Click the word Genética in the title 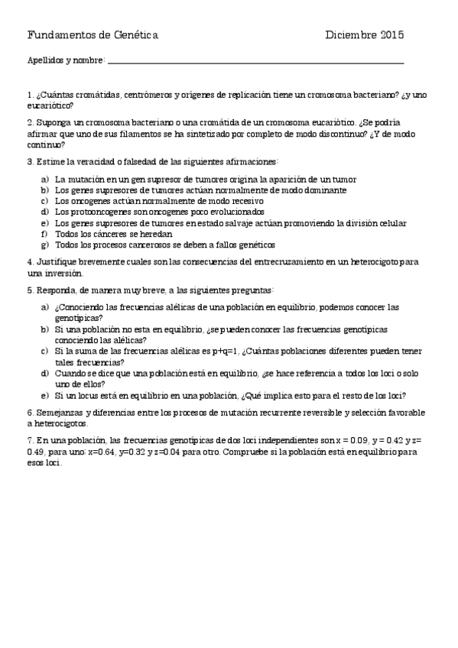point(136,35)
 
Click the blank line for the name point(256,61)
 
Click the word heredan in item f point(156,234)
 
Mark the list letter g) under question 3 point(45,245)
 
